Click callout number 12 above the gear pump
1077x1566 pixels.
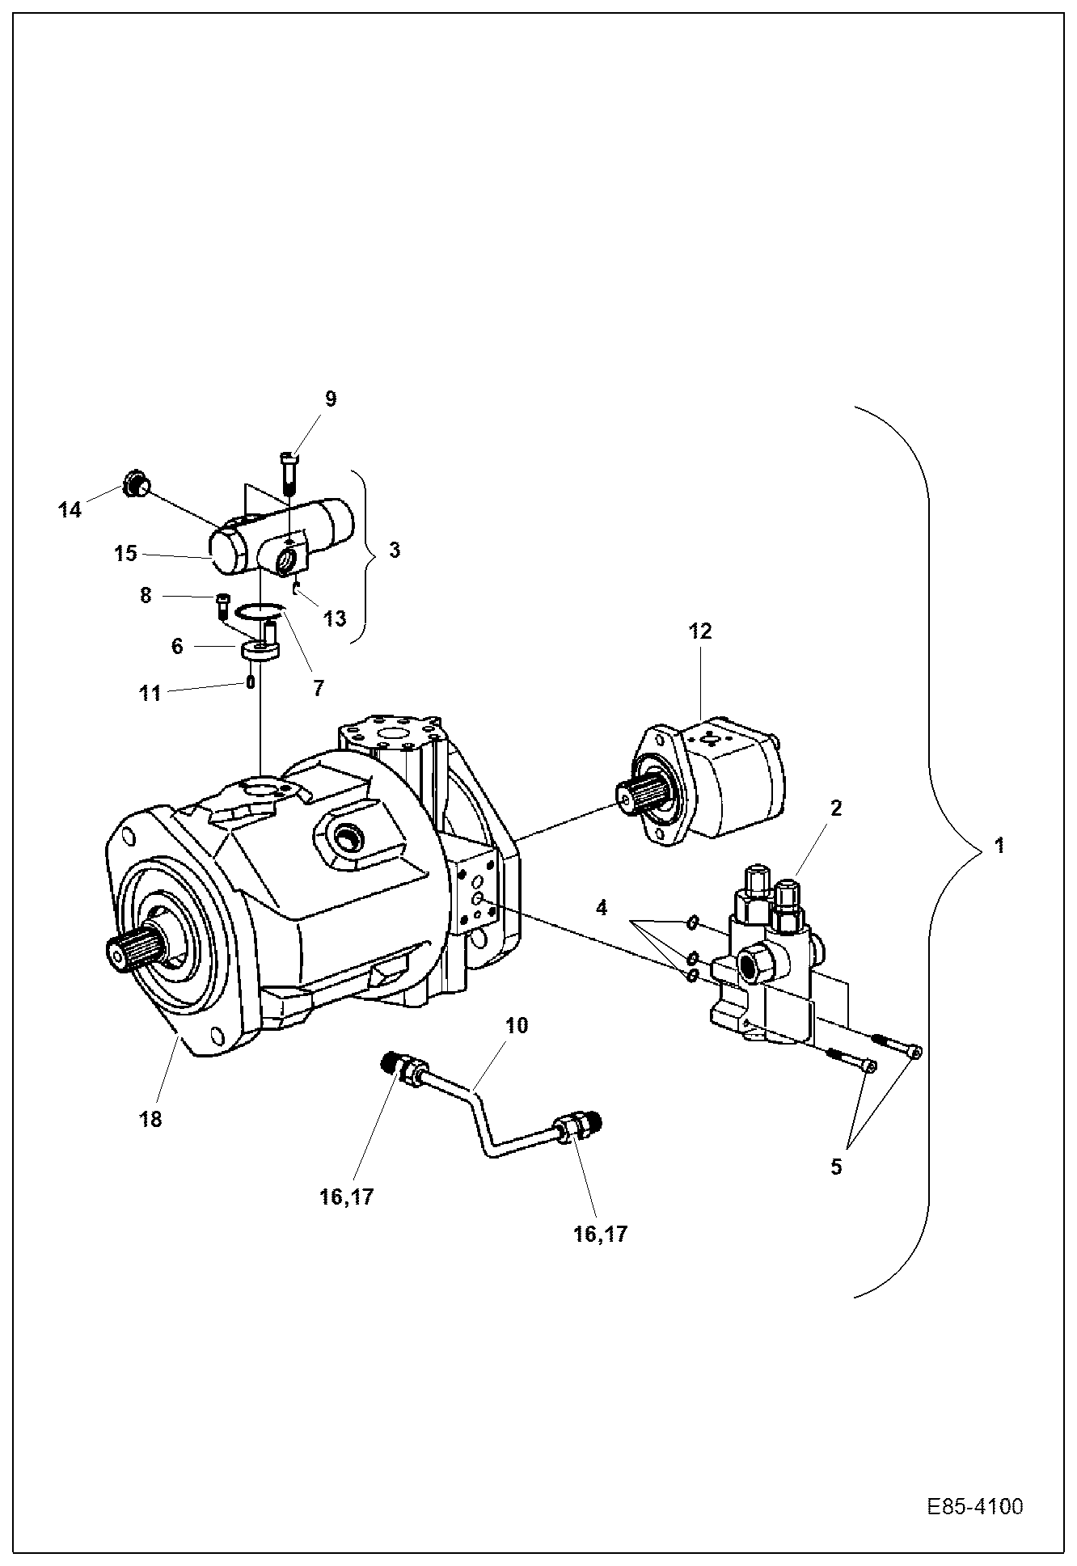(700, 631)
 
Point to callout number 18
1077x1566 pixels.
(151, 1119)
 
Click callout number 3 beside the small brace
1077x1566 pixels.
(394, 550)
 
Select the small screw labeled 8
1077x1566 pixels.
(222, 604)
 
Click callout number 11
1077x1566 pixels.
(150, 693)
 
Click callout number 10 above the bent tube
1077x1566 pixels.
(517, 1025)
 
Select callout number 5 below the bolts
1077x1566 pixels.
(835, 1167)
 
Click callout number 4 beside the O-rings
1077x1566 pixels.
(601, 909)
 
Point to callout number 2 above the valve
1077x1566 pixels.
(835, 808)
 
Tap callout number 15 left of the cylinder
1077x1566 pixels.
(125, 554)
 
